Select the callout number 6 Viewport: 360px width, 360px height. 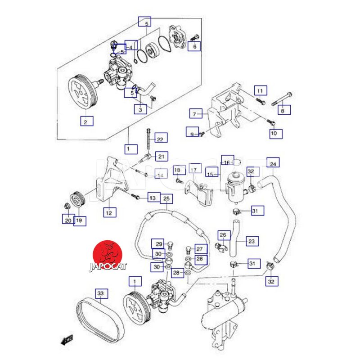[194, 46]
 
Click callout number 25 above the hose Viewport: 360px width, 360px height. [166, 198]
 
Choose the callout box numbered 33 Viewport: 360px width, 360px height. [101, 294]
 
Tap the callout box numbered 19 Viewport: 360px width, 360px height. [79, 220]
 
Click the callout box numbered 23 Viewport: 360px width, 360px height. [252, 242]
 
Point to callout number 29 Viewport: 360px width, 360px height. [158, 244]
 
